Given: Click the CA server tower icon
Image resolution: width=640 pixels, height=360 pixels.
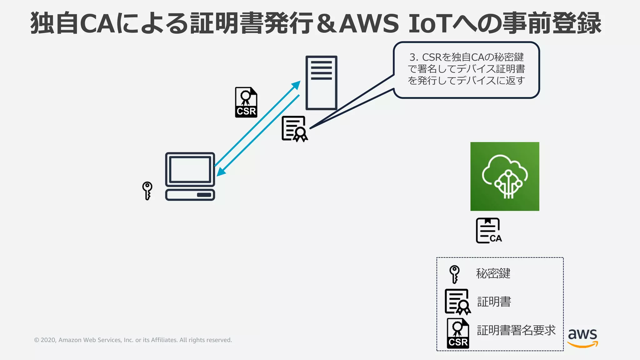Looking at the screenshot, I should [x=321, y=83].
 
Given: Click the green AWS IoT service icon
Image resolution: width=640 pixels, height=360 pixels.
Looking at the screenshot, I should [x=505, y=176].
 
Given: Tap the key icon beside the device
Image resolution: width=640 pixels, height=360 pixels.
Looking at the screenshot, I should [x=147, y=190].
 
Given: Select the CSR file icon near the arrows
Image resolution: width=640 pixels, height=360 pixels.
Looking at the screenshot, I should [x=246, y=102].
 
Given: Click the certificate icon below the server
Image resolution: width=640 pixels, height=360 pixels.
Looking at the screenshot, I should [x=294, y=129].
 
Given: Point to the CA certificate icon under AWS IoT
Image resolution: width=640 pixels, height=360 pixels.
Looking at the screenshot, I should [x=488, y=231].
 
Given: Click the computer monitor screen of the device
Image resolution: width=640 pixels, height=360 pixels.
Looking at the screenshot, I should [x=190, y=169].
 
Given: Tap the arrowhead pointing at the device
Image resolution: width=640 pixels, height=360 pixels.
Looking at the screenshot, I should [x=221, y=172].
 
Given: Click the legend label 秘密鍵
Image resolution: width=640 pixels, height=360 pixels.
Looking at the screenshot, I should [x=493, y=273].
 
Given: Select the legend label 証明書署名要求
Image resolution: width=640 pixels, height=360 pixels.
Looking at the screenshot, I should [x=516, y=330].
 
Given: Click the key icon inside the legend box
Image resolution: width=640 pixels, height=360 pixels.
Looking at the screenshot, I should [x=454, y=274].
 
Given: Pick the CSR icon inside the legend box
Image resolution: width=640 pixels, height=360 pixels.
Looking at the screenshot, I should [x=458, y=333].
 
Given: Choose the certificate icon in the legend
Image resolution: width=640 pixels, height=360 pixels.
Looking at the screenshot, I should [x=457, y=302].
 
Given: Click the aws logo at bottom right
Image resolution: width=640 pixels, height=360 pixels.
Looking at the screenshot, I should [x=582, y=337].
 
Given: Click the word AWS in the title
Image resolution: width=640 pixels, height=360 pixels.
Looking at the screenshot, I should [x=369, y=24].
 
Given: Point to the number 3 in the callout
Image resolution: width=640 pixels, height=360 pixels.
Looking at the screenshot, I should [x=412, y=57].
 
